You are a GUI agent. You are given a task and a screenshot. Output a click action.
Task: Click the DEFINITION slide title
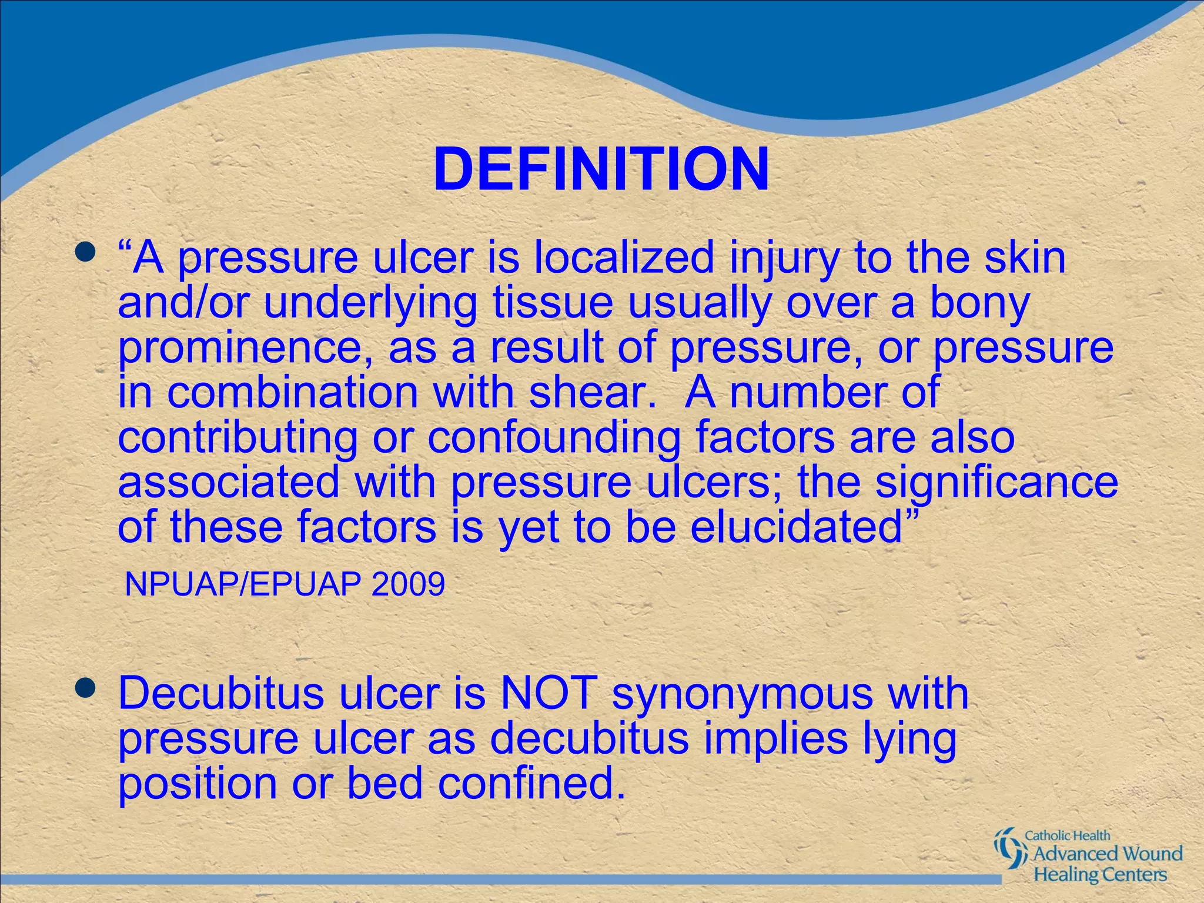pos(601,169)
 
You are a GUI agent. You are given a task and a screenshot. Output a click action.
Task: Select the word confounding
pos(553,438)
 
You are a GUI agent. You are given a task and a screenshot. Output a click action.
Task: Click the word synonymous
pos(743,694)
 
